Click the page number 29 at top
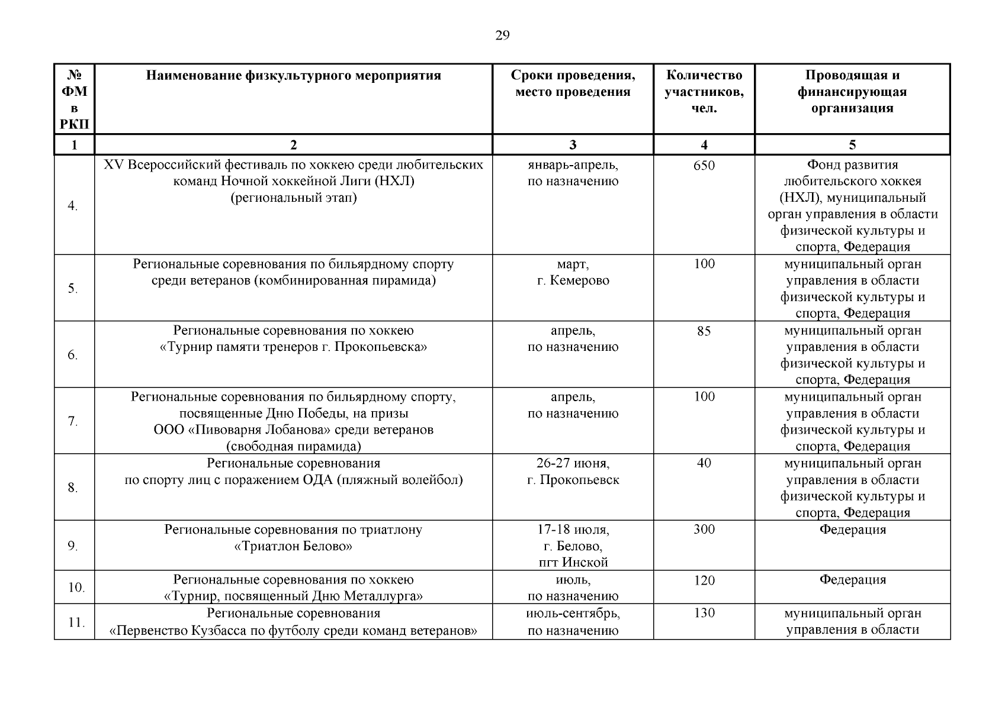(502, 35)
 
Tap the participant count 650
(704, 166)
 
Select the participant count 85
(704, 331)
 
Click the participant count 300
(704, 530)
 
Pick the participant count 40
(704, 463)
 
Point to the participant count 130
(704, 614)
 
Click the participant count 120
(704, 580)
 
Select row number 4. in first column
(73, 206)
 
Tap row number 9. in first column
(73, 546)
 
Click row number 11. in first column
(76, 622)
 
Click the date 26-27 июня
(573, 463)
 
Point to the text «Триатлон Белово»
(293, 546)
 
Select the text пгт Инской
(573, 563)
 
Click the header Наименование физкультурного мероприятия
(293, 76)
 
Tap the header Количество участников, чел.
(704, 92)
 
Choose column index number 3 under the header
(573, 145)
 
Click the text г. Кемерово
(573, 281)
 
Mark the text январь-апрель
(573, 165)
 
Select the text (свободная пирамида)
(293, 446)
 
